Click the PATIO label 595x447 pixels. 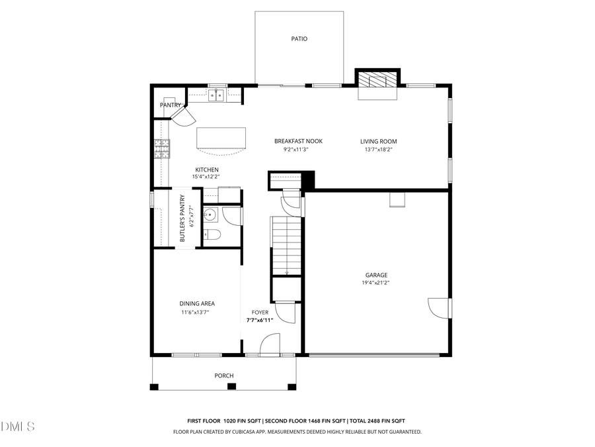point(299,38)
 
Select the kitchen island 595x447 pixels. point(221,139)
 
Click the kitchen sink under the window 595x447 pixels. point(216,96)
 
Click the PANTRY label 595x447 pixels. point(170,105)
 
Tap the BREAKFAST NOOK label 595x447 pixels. point(298,141)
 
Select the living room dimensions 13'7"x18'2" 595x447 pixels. point(378,150)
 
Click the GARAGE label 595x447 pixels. point(376,275)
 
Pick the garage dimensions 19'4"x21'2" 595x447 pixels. point(376,283)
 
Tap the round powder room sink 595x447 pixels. point(210,214)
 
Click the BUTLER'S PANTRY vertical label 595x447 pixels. point(182,218)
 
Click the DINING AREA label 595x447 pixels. point(197,303)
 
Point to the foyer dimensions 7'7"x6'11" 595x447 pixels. point(260,320)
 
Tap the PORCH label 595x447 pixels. point(223,375)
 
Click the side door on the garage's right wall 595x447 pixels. point(438,307)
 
